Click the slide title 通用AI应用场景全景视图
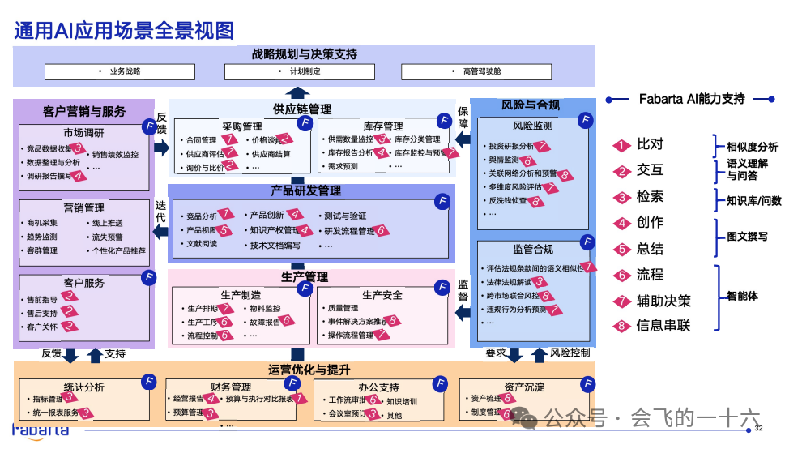[x=124, y=31]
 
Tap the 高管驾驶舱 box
[x=482, y=71]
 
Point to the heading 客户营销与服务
[x=84, y=111]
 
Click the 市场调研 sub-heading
[x=83, y=133]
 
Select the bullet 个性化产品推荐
[x=119, y=250]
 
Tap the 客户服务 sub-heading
[x=83, y=283]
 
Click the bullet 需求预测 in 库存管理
[x=343, y=167]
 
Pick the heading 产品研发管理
[x=306, y=191]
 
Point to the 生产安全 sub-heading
[x=382, y=294]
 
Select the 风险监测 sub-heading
[x=532, y=126]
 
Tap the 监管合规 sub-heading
[x=532, y=250]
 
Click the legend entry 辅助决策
[x=663, y=301]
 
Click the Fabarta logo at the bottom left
[x=41, y=429]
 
